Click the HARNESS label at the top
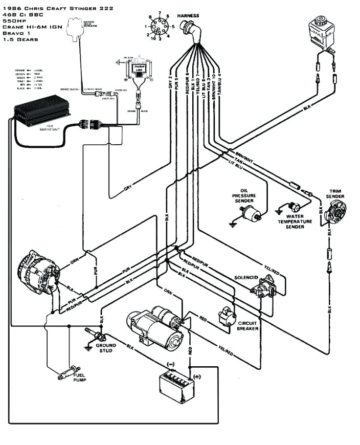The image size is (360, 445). (189, 16)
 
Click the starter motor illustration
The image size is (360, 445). (156, 324)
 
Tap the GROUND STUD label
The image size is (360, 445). (106, 348)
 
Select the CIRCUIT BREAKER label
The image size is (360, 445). (247, 326)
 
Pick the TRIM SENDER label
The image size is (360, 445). (335, 193)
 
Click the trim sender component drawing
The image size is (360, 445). (336, 212)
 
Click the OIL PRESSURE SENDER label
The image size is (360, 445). (244, 195)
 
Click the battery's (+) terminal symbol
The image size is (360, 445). (197, 376)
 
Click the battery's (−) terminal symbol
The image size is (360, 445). (171, 364)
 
